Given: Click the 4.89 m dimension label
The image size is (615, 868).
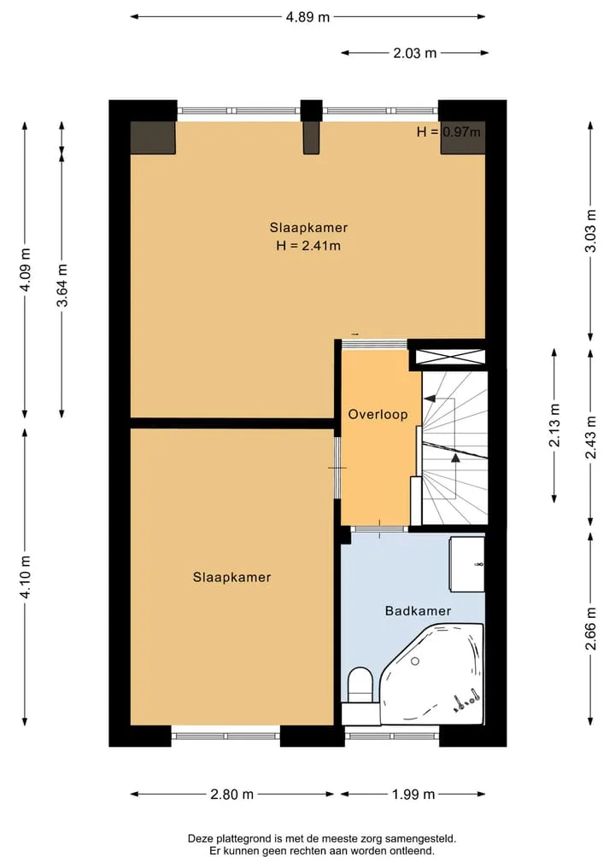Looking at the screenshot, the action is (307, 17).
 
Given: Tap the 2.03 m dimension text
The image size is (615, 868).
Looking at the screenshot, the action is (415, 53).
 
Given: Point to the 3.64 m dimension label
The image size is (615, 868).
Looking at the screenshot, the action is (62, 285).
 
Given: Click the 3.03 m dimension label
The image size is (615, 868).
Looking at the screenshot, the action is (591, 230).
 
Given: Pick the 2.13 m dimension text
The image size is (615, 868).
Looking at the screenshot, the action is (554, 425).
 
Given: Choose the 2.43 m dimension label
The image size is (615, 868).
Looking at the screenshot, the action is (591, 437).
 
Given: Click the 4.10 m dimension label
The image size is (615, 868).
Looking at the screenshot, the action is (25, 576).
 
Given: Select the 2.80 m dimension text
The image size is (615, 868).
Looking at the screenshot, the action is (232, 795).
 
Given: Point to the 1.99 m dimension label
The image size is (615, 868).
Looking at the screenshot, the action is (414, 795).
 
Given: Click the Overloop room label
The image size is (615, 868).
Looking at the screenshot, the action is (378, 414).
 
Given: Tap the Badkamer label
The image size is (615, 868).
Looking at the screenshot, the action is (419, 611).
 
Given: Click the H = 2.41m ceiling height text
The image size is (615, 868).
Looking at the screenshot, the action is (308, 245).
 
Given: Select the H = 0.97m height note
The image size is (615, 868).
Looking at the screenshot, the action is (448, 131).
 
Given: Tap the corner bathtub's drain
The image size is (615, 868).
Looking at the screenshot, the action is (415, 661).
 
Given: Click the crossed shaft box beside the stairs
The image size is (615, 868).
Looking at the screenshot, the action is (450, 358).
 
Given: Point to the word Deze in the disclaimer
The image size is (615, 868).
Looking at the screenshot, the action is (199, 839).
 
